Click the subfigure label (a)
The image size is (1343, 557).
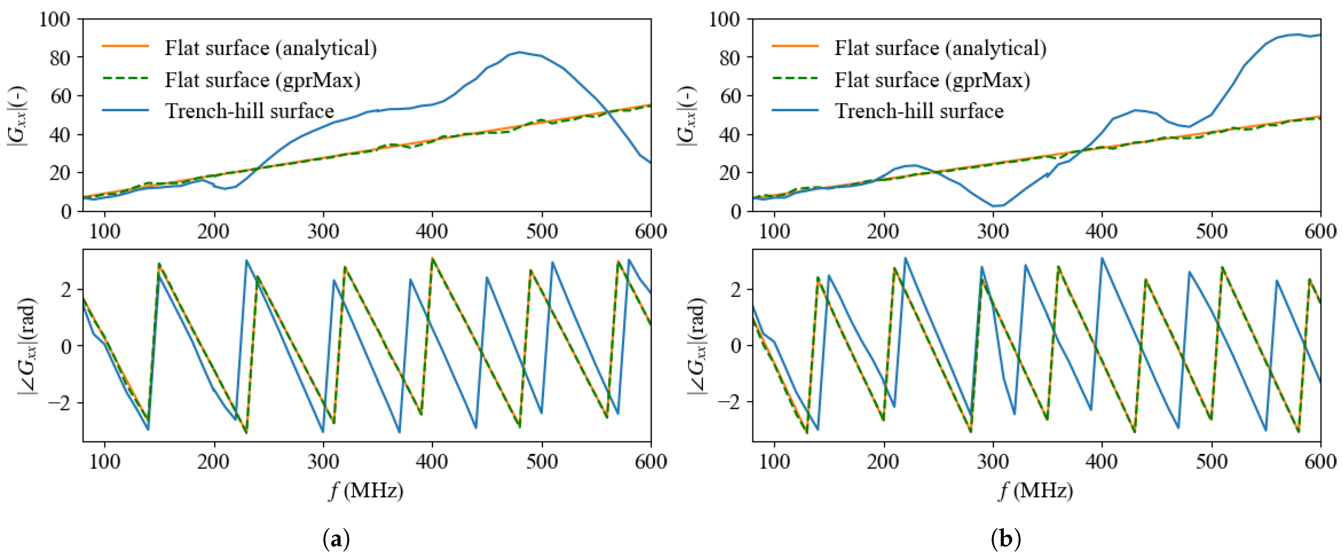pos(336,538)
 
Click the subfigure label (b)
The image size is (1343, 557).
pos(1006,538)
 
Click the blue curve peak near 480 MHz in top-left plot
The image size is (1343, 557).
pos(519,52)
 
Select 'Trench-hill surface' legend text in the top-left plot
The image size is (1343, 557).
pos(249,111)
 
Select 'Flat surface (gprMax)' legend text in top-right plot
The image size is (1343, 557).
pos(932,80)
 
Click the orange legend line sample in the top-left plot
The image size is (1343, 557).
pos(125,46)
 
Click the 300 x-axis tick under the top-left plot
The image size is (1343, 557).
pos(323,231)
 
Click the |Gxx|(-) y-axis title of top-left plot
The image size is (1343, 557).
pos(17,116)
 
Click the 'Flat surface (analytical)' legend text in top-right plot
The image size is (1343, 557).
pos(940,48)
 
